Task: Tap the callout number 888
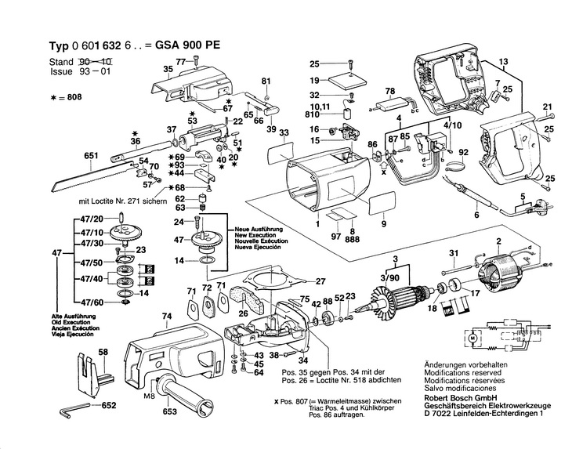353,241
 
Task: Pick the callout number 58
103,353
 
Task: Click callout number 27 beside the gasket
319,281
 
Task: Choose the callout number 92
463,152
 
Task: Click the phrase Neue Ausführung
257,230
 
